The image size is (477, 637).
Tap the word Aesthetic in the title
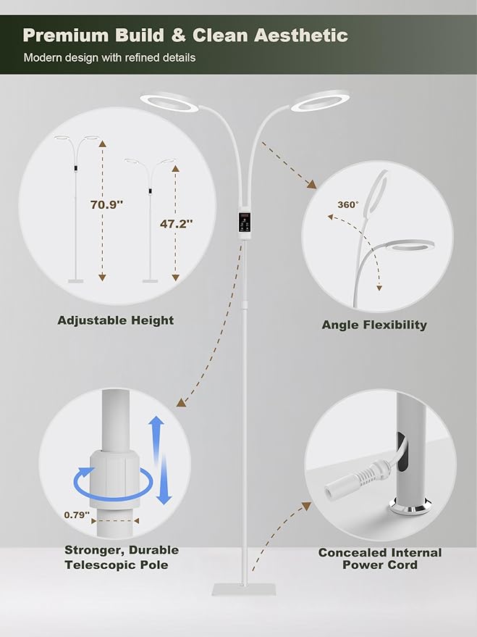point(301,36)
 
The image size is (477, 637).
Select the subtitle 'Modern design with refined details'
point(109,58)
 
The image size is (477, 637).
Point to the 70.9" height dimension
point(106,204)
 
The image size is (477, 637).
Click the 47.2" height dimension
point(176,223)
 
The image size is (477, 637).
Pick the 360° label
point(348,205)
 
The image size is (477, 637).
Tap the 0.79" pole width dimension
point(77,515)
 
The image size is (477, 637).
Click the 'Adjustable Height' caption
point(116,320)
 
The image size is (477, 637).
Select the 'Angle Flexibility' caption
point(374,325)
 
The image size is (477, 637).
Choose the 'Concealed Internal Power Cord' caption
point(380,559)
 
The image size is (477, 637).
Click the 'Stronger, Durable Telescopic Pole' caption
point(122,557)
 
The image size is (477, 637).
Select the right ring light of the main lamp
point(320,101)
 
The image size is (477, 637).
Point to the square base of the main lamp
point(243,589)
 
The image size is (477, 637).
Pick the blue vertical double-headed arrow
point(161,459)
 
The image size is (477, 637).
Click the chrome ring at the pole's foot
point(410,507)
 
